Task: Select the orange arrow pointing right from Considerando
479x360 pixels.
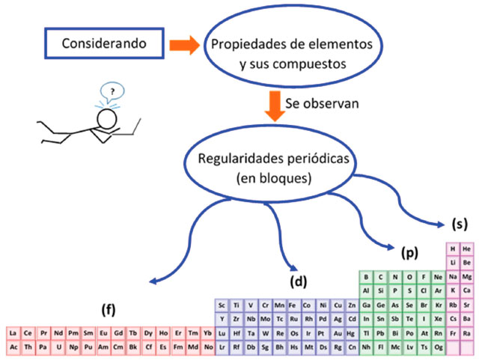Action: pyautogui.click(x=182, y=45)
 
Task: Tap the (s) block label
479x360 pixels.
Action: pyautogui.click(x=460, y=223)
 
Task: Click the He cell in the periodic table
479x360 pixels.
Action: pyautogui.click(x=467, y=249)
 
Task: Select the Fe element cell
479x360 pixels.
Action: pyautogui.click(x=293, y=305)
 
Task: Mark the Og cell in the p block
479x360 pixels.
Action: pyautogui.click(x=439, y=348)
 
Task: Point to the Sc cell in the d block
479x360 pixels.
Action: pyautogui.click(x=222, y=305)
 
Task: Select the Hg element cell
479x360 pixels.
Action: pyautogui.click(x=351, y=334)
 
